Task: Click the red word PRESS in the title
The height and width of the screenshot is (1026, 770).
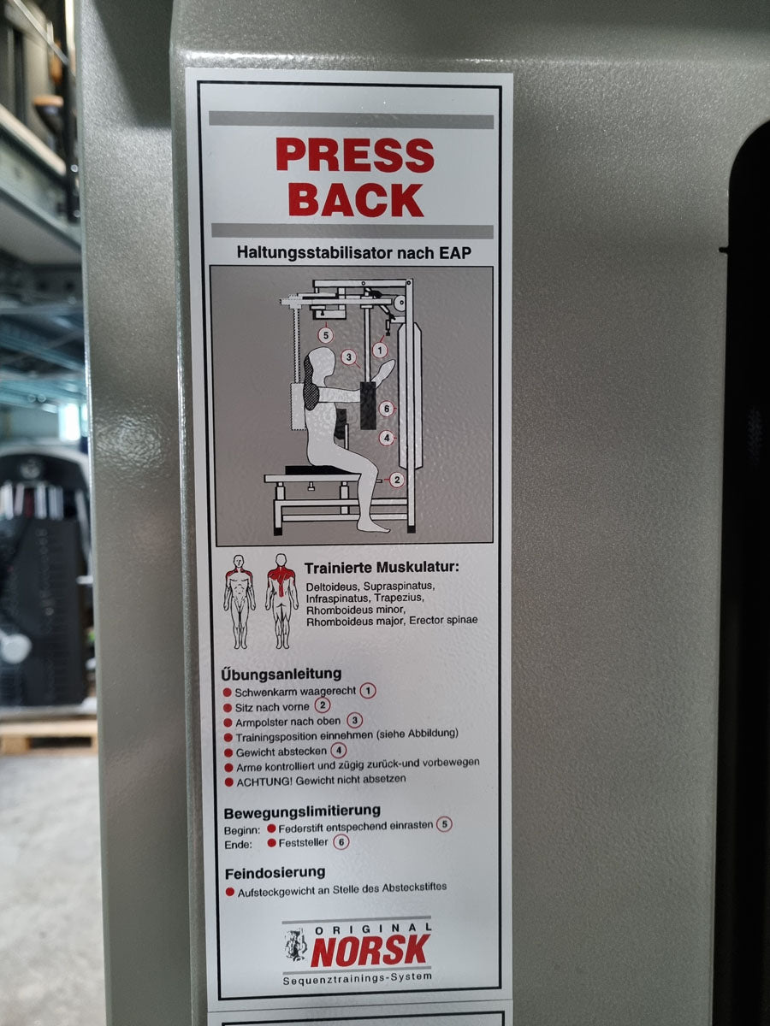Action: [x=355, y=155]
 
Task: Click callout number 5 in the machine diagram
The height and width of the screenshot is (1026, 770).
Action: [x=326, y=334]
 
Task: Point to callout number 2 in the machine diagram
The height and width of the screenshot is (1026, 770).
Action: [x=397, y=480]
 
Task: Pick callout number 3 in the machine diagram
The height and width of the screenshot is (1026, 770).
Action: [x=348, y=357]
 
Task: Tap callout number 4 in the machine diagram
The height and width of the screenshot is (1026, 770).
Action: [x=387, y=438]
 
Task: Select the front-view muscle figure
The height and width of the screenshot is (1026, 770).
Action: [x=240, y=602]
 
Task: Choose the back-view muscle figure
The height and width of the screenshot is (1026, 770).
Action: [x=281, y=601]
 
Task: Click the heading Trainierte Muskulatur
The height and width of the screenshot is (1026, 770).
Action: [x=382, y=569]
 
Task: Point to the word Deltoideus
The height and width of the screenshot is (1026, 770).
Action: [x=333, y=587]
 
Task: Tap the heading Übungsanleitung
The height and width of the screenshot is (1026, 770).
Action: [x=281, y=675]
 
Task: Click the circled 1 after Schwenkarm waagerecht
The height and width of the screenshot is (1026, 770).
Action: [x=368, y=690]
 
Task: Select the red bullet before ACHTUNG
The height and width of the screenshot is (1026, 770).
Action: [x=228, y=782]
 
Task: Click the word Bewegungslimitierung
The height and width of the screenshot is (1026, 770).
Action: [x=302, y=813]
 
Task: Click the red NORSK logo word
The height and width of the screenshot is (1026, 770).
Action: [x=370, y=950]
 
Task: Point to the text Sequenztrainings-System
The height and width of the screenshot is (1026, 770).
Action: [x=357, y=978]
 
